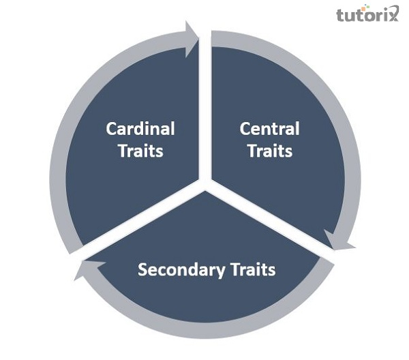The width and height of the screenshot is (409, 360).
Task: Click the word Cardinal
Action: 140,128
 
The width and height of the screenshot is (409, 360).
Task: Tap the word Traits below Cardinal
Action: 140,151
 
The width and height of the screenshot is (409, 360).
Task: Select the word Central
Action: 269,128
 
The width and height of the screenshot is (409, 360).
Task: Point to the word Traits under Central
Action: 269,151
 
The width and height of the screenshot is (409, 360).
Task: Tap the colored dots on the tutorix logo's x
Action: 393,8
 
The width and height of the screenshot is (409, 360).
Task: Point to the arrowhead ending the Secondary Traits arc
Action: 80,271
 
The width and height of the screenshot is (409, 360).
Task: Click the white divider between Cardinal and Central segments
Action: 204,109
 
